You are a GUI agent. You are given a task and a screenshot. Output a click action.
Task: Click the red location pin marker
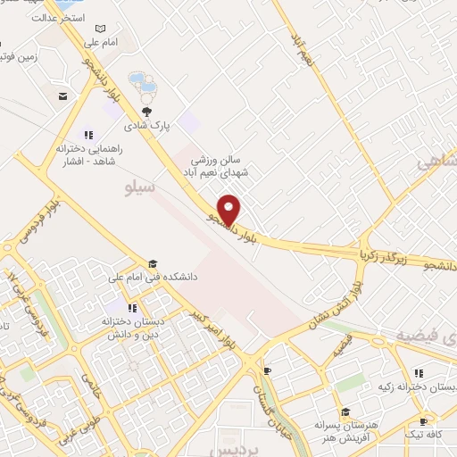click(x=230, y=209)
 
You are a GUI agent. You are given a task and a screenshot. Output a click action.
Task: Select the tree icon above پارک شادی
click(x=146, y=112)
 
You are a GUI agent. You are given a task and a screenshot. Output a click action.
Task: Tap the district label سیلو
click(x=141, y=188)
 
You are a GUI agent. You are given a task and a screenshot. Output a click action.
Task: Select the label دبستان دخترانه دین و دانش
click(x=117, y=329)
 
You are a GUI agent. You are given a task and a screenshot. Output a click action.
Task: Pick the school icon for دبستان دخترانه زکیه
click(x=418, y=374)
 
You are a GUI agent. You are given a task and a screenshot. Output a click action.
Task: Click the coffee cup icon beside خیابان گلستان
click(x=267, y=370)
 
